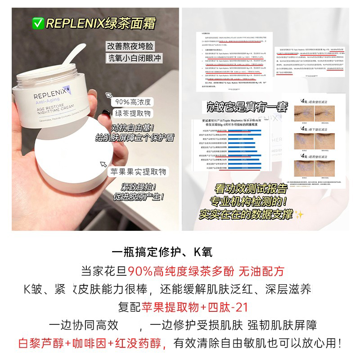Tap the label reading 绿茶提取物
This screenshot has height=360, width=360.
click(x=133, y=113)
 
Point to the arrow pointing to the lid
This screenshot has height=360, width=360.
click(x=103, y=165)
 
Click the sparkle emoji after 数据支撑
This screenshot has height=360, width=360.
click(x=300, y=215)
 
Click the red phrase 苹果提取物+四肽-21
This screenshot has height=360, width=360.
click(x=195, y=307)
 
